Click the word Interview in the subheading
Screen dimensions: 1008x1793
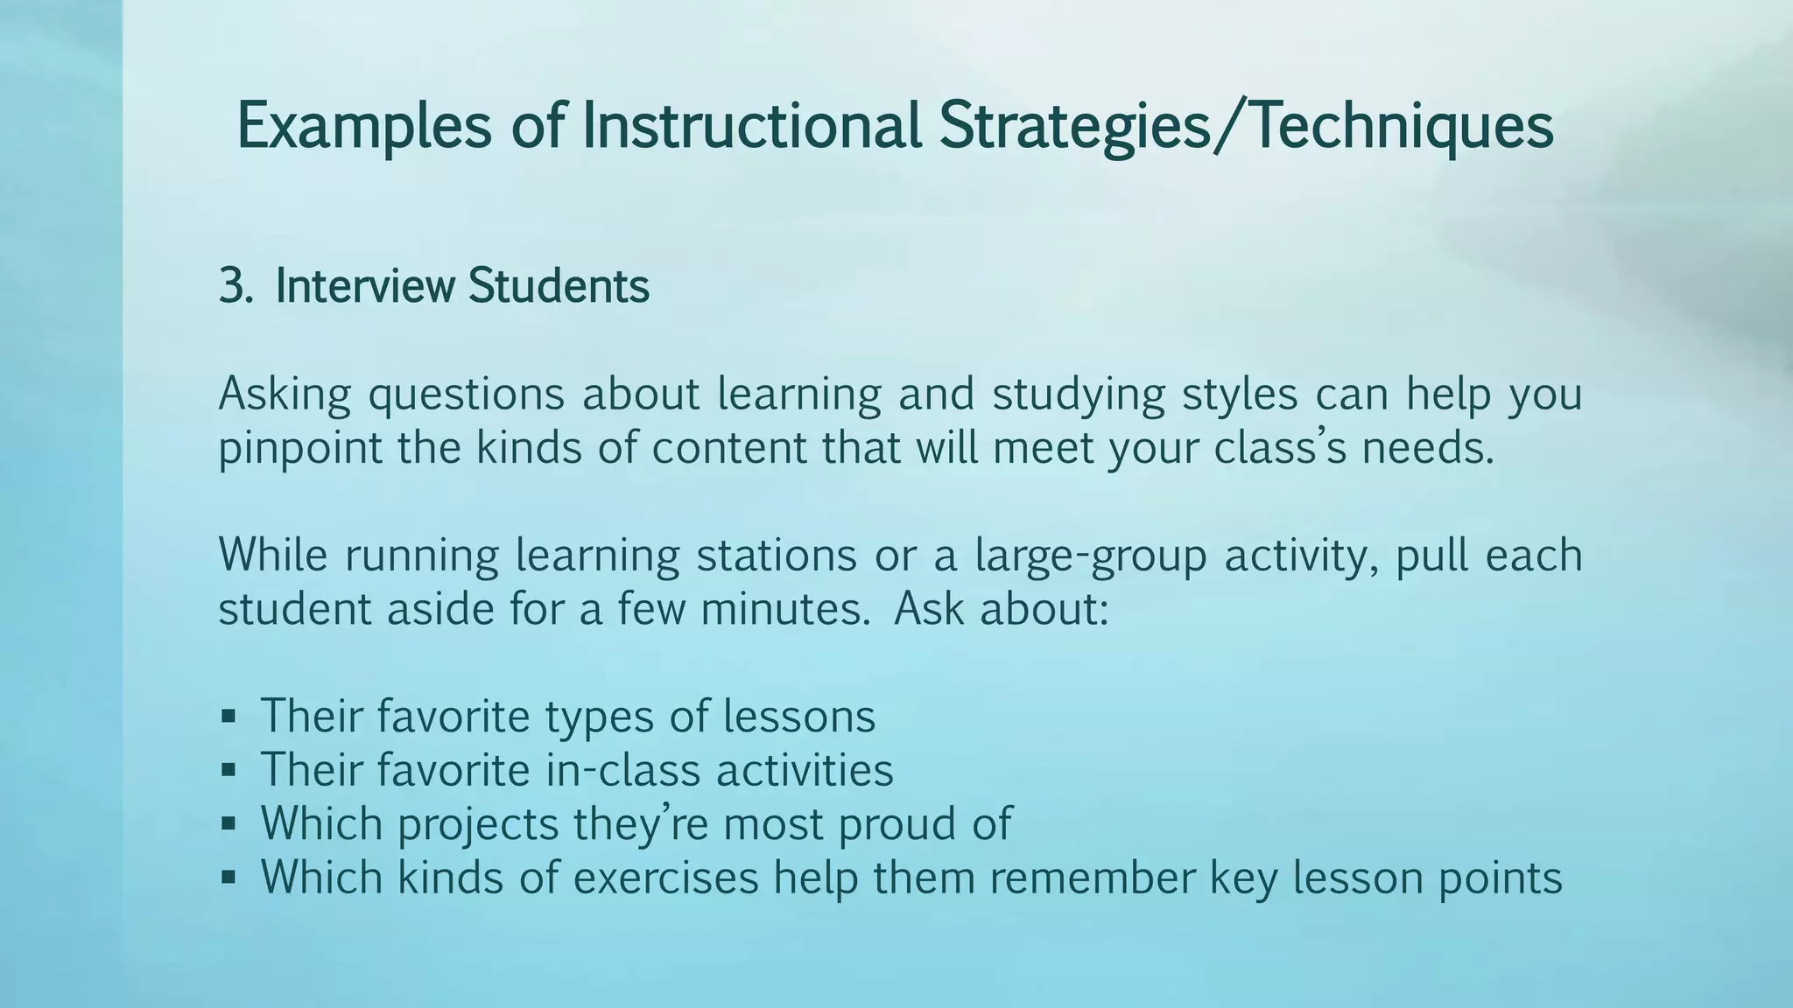tap(365, 286)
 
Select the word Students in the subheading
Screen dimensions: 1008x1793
tap(559, 286)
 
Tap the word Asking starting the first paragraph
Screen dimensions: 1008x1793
tap(284, 394)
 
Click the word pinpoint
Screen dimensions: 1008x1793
tap(299, 449)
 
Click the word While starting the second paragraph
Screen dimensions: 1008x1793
tap(272, 555)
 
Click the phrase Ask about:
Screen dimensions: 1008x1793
tap(1001, 609)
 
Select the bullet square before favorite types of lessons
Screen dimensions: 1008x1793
tap(229, 717)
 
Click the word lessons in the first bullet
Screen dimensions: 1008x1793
tap(798, 717)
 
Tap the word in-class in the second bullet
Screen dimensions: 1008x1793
tap(622, 771)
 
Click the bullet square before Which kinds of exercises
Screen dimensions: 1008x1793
tap(229, 878)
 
